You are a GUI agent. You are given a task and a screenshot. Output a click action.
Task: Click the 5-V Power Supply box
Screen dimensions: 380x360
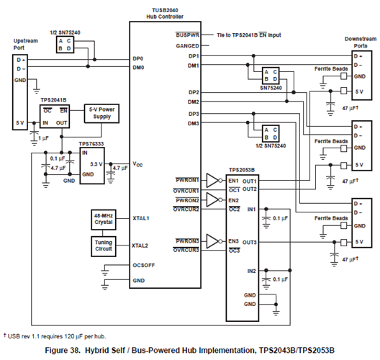[101, 114]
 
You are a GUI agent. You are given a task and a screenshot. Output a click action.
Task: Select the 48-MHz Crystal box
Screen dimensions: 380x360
[104, 220]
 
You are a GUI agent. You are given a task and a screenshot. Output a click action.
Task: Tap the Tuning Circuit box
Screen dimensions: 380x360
[104, 246]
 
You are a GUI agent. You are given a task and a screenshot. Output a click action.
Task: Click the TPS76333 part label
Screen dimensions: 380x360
[91, 144]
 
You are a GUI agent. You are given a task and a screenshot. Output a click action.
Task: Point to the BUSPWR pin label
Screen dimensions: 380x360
[188, 35]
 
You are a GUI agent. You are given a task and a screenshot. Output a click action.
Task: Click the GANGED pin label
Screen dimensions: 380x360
[188, 46]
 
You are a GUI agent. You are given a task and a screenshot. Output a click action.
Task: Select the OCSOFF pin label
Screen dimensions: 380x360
[144, 265]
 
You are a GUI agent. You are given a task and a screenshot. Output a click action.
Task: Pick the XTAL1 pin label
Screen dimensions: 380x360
[141, 218]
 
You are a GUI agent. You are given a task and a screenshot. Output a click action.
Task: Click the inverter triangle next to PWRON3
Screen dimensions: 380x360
[212, 241]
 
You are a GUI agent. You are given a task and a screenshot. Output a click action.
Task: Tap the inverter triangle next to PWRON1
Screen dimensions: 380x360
[212, 181]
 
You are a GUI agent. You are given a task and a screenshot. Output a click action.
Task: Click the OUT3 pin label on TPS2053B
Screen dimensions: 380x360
[249, 243]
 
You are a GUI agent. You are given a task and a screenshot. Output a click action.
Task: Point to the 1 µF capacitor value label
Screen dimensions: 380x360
[44, 138]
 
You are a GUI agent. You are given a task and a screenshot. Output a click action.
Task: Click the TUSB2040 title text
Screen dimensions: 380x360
[165, 10]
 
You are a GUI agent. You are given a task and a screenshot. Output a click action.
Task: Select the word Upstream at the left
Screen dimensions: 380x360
[26, 41]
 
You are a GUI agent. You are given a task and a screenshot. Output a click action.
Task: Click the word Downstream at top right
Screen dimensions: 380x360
[361, 39]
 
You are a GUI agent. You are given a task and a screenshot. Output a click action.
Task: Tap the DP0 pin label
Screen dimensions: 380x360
[138, 58]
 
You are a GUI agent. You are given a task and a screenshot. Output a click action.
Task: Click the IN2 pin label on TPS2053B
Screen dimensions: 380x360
[252, 271]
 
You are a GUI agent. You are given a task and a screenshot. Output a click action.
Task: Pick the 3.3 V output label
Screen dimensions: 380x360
[96, 164]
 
